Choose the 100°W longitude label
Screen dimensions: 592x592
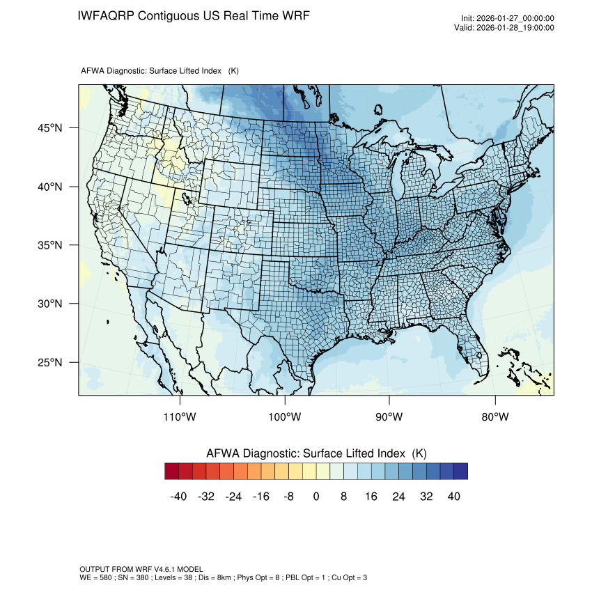(285, 416)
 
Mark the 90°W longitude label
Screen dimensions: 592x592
(389, 416)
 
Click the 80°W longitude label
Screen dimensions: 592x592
(494, 416)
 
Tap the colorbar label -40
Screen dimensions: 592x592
(179, 497)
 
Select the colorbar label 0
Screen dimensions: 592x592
(316, 497)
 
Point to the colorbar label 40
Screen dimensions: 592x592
(453, 497)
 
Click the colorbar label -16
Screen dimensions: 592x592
(260, 497)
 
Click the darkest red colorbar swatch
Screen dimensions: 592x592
(172, 472)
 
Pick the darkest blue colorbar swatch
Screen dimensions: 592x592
(460, 472)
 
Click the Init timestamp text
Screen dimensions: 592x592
(508, 19)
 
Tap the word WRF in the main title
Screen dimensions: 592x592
(295, 16)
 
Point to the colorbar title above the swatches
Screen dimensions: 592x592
(316, 453)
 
